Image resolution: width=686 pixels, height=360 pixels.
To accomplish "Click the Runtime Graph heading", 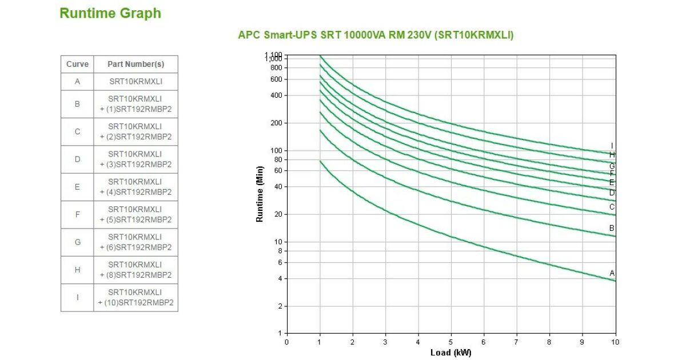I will click(x=110, y=14).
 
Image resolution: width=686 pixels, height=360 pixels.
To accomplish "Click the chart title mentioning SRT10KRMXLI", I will click(x=376, y=35).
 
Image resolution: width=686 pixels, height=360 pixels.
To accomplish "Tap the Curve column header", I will click(x=77, y=64).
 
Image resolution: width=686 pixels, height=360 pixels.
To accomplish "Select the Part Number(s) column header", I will click(x=135, y=64).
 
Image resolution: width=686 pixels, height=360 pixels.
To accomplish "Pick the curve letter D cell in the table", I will click(x=77, y=159).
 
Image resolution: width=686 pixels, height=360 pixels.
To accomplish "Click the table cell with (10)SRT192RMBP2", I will click(x=135, y=298).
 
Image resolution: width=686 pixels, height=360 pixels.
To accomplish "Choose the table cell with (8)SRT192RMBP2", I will click(x=135, y=270).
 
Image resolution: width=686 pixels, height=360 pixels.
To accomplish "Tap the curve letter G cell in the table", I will click(x=77, y=242).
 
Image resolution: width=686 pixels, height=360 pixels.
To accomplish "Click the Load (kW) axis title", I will click(x=450, y=353).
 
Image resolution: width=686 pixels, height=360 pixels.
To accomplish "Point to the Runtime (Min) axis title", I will click(x=260, y=194).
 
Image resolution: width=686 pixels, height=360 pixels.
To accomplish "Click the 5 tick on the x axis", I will click(x=451, y=342).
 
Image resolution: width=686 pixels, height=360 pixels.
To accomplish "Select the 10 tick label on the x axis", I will click(x=615, y=342).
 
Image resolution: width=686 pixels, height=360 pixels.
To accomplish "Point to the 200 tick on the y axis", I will click(x=276, y=123).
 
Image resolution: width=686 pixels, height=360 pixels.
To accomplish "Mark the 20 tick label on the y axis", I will click(x=278, y=214).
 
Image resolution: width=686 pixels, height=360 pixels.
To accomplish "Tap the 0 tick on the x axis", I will click(x=287, y=342).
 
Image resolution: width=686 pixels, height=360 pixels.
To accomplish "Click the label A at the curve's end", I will click(x=612, y=273).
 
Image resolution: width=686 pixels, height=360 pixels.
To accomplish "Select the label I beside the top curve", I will click(x=612, y=146).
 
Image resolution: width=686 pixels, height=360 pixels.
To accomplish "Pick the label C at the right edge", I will click(x=612, y=207).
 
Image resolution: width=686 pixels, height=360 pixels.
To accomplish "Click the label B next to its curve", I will click(x=612, y=229).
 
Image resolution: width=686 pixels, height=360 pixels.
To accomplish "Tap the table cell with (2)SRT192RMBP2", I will click(x=135, y=131).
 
